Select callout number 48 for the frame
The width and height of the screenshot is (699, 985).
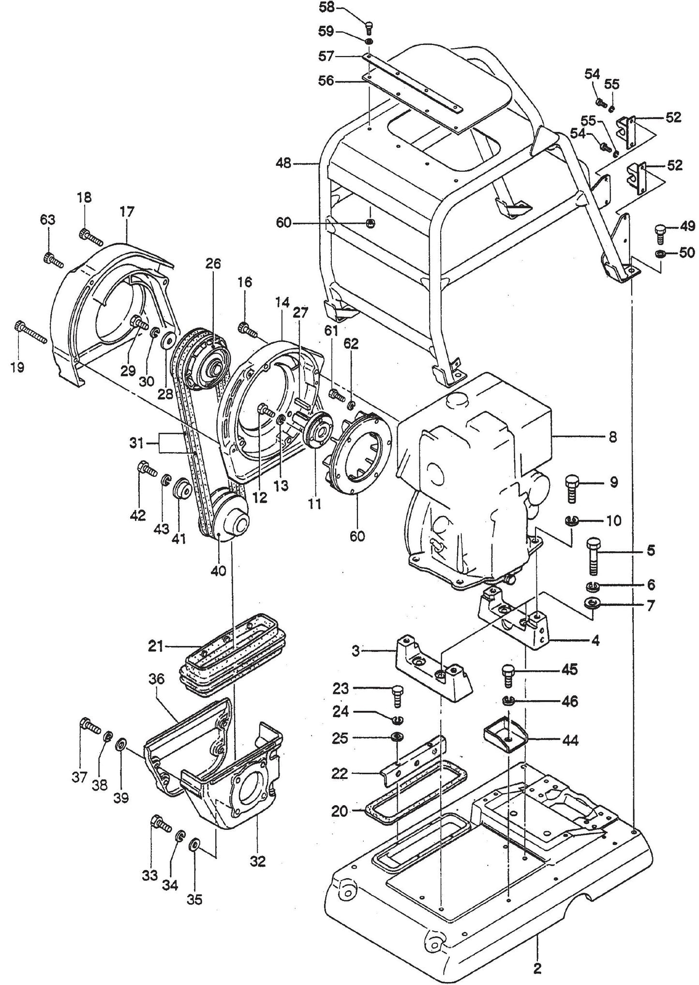pos(284,164)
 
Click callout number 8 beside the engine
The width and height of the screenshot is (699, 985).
pos(613,437)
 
